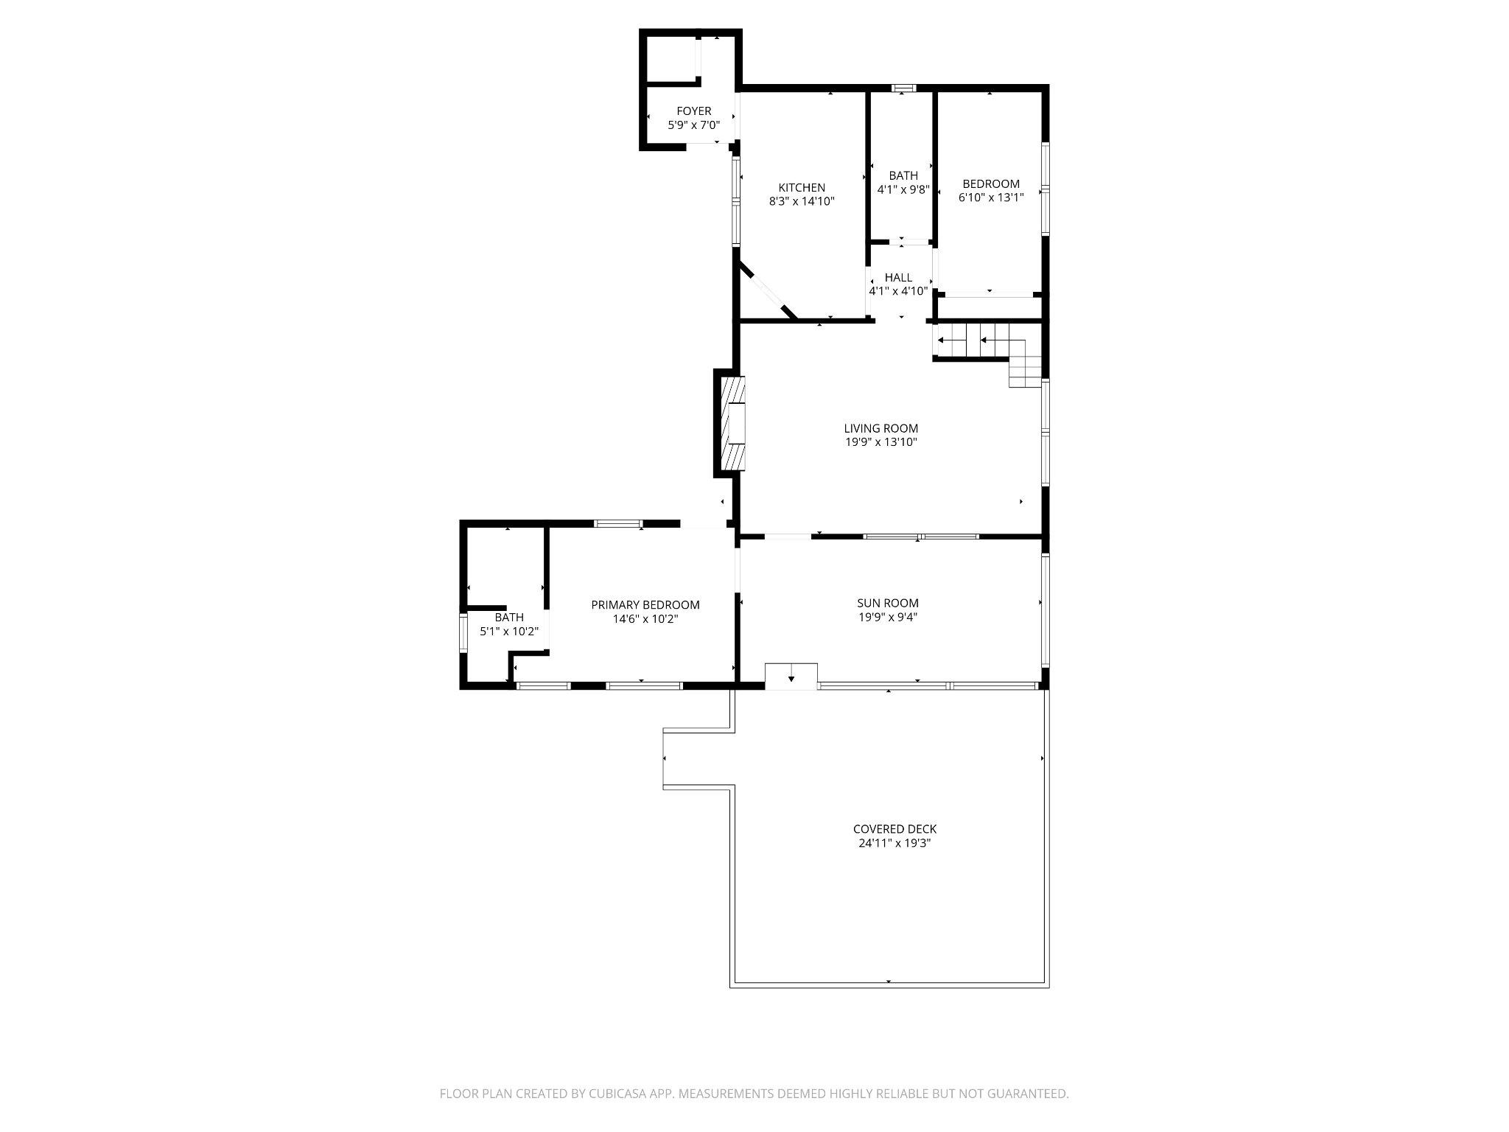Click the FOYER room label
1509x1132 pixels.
pos(693,111)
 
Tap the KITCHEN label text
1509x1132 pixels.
pos(802,188)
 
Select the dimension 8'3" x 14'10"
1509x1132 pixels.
pos(802,201)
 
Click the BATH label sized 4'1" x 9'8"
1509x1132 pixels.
pos(903,175)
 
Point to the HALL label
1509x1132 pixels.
pos(898,277)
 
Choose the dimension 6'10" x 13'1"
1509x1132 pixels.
pos(991,198)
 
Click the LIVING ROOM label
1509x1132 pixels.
pos(881,428)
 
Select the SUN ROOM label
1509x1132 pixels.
pos(888,603)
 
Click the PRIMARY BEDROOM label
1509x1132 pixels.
pos(645,605)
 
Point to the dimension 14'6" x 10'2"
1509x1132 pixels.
pos(645,619)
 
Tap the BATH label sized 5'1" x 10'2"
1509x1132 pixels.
pos(509,618)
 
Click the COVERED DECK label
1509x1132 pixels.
pos(894,829)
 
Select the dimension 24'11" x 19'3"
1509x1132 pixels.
pos(894,843)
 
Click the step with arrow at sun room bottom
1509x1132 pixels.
pos(791,676)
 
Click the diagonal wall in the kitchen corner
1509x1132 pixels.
pos(768,292)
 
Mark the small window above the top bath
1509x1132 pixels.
pos(903,88)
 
